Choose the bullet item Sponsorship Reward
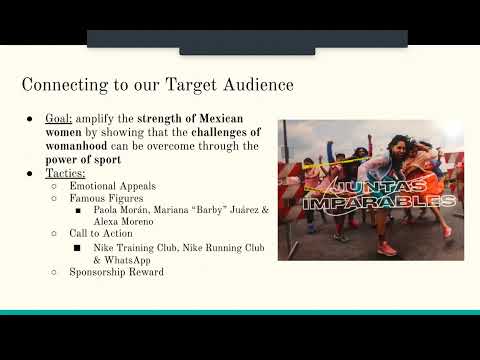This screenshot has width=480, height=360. (116, 271)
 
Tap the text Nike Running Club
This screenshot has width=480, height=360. (218, 246)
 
